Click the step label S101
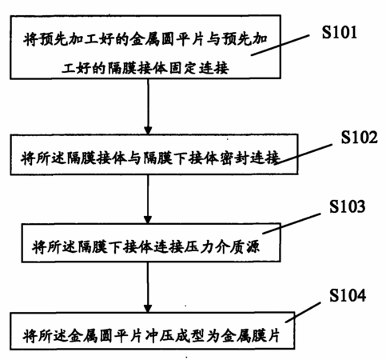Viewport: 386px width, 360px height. point(339,32)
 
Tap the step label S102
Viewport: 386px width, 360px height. point(359,138)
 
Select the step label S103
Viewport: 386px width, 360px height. point(347,206)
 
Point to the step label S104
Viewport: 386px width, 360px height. point(348,295)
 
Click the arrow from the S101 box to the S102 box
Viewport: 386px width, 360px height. point(148,106)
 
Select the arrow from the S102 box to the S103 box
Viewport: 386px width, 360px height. point(148,199)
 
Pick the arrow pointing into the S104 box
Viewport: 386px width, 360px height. point(148,287)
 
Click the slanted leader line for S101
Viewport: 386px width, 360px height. point(280,45)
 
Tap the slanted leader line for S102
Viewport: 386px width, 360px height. point(304,154)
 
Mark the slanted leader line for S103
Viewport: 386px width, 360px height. point(292,223)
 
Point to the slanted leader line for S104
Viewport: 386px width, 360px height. point(303,312)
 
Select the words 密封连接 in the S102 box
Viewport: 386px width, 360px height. point(250,158)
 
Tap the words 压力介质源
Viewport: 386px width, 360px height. point(221,246)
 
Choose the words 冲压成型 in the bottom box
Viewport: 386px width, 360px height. point(174,336)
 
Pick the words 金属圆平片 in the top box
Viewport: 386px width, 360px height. point(168,39)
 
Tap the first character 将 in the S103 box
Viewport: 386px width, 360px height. point(39,246)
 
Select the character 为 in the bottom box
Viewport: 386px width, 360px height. point(213,336)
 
